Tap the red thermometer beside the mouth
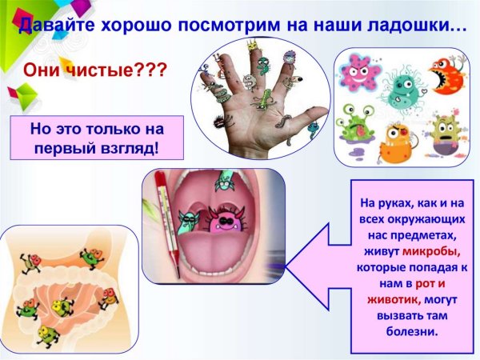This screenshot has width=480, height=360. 166,216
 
